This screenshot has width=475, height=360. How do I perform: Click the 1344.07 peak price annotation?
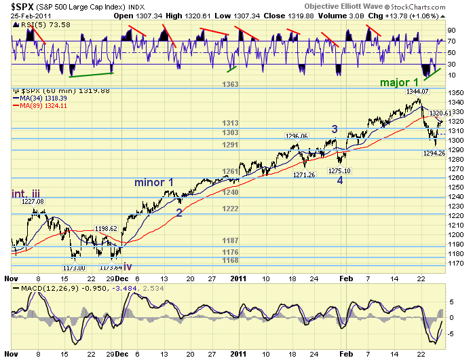pyautogui.click(x=408, y=92)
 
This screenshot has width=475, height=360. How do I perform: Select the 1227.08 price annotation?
pyautogui.click(x=31, y=202)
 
